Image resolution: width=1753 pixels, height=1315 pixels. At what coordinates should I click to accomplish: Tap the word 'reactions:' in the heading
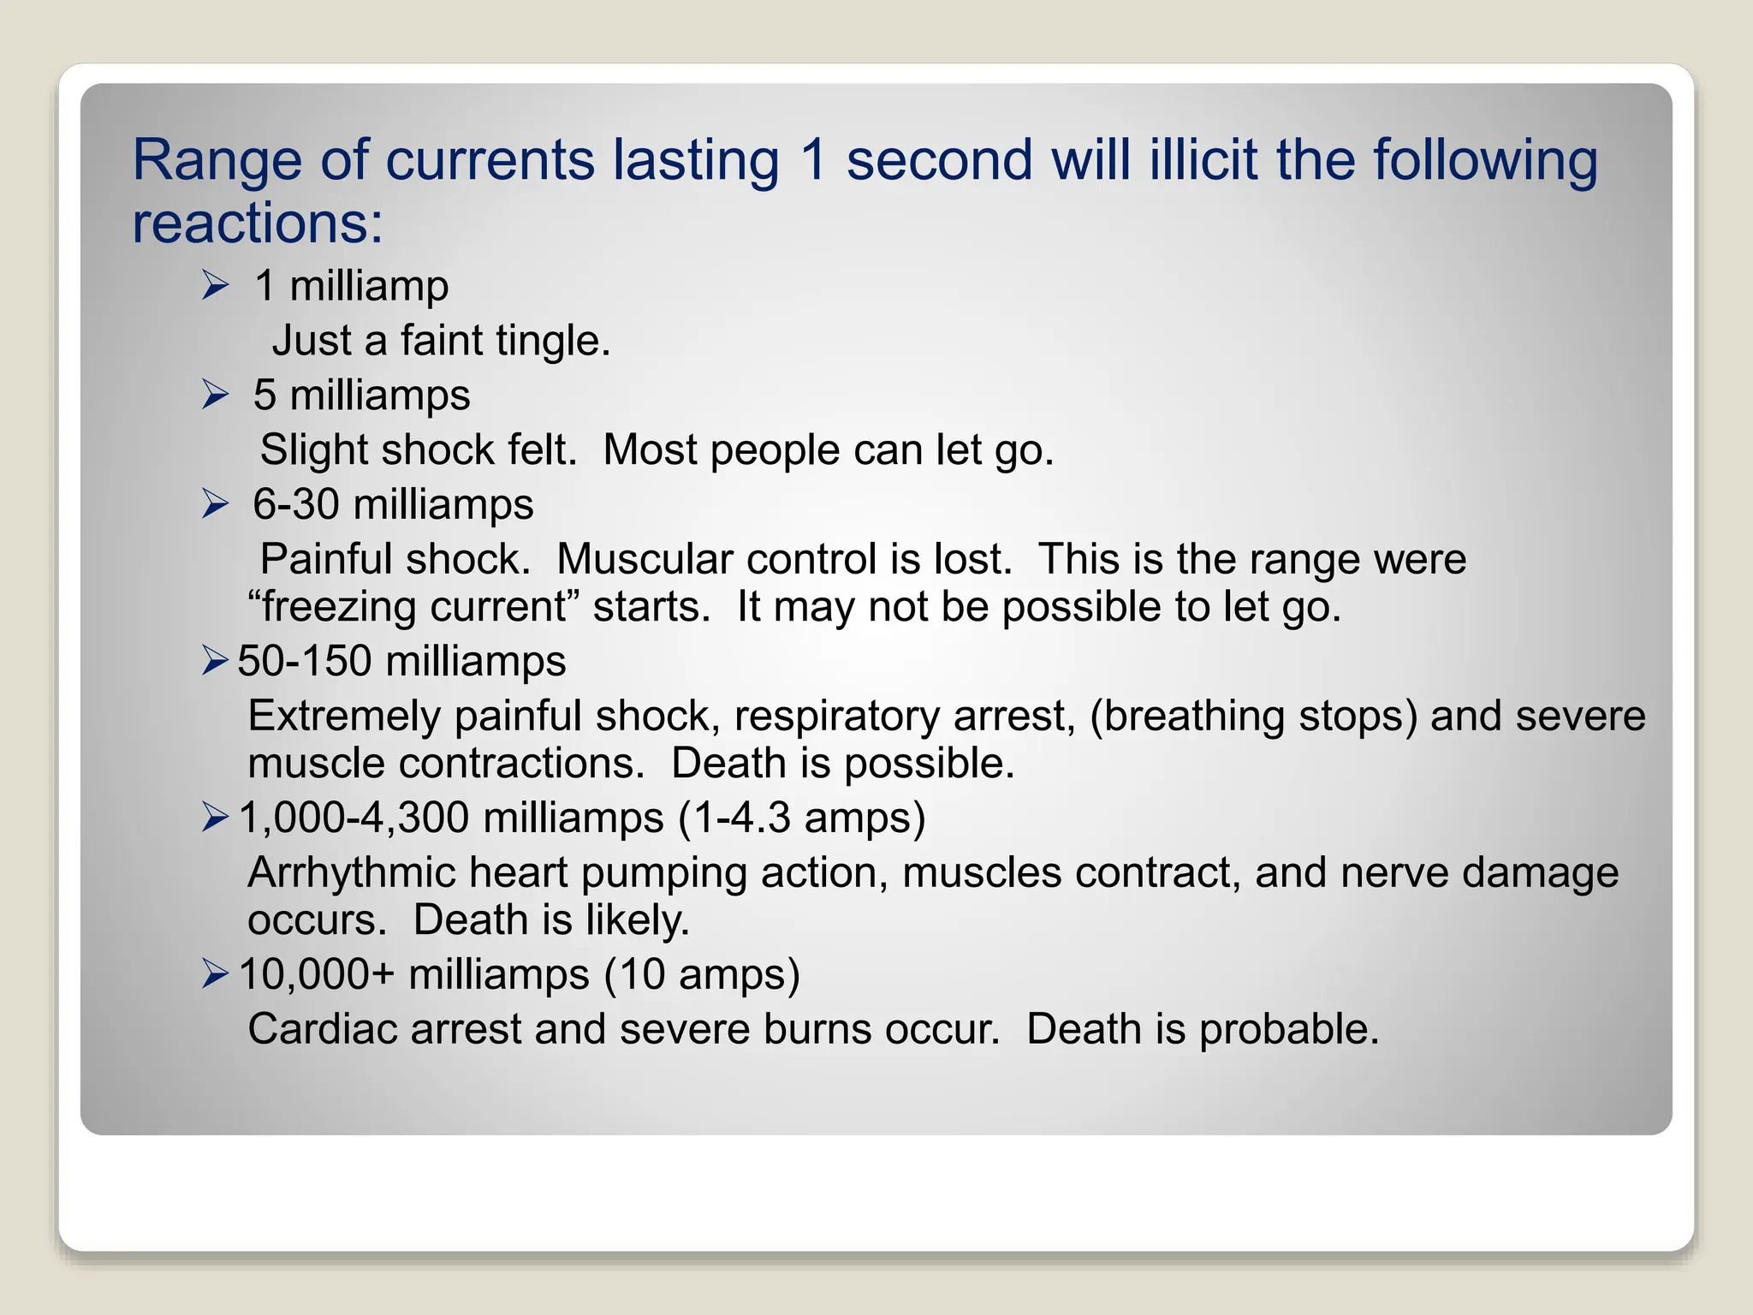(258, 223)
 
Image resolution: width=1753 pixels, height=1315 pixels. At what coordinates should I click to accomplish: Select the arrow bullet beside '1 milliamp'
(216, 285)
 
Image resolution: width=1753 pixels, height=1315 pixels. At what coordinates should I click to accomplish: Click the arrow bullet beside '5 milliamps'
(216, 395)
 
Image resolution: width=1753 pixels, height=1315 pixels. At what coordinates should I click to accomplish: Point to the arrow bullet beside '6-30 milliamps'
(216, 503)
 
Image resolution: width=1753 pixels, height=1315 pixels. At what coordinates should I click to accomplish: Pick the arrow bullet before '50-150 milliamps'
(216, 661)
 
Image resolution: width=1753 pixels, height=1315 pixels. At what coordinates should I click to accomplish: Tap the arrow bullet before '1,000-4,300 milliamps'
(216, 818)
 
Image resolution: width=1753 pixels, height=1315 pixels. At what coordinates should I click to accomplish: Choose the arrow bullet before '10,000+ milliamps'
(216, 974)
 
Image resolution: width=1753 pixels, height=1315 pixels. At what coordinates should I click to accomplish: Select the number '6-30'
(295, 504)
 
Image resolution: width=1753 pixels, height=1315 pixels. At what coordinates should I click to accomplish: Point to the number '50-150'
(304, 661)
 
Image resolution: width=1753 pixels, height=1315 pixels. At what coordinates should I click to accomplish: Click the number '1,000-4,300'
(354, 818)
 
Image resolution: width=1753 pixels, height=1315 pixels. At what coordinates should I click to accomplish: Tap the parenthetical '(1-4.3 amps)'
(802, 818)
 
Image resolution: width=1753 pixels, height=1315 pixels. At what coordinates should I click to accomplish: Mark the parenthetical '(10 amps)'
(702, 974)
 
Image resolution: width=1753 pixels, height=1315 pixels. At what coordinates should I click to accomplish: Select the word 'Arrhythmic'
(351, 873)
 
